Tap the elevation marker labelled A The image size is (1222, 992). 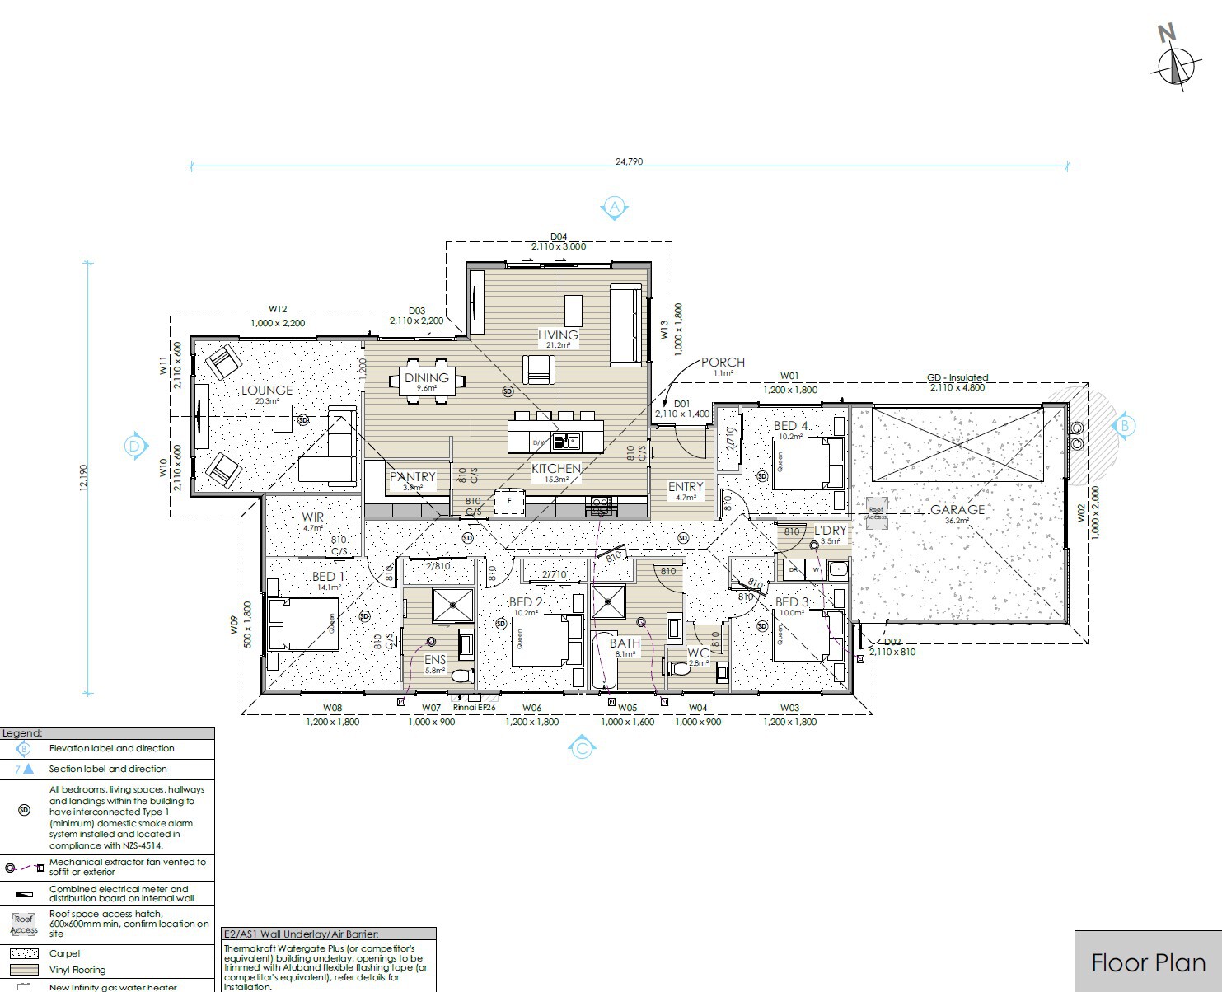pyautogui.click(x=614, y=207)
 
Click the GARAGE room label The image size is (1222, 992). pyautogui.click(x=957, y=510)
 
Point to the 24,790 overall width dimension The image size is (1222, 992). pyautogui.click(x=629, y=161)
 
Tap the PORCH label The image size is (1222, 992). pyautogui.click(x=723, y=363)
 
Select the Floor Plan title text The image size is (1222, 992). pyautogui.click(x=1148, y=963)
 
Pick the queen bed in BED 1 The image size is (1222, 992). pyautogui.click(x=302, y=624)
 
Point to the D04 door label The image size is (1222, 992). pyautogui.click(x=559, y=236)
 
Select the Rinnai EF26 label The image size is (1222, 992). pyautogui.click(x=475, y=707)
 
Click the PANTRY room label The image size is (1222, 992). pyautogui.click(x=412, y=477)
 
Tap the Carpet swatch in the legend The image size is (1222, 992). pyautogui.click(x=24, y=953)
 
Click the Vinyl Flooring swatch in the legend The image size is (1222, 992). pyautogui.click(x=24, y=970)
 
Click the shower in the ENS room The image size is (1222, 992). pyautogui.click(x=453, y=605)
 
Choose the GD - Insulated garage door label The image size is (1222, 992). pyautogui.click(x=957, y=378)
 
